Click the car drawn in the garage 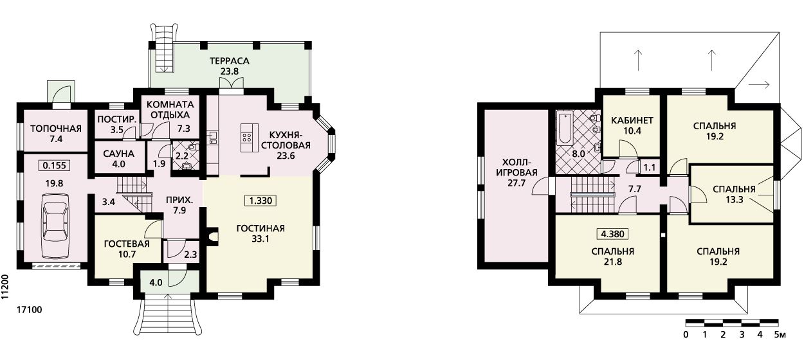pos(55,226)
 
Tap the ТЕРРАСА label pos(230,61)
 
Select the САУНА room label pos(119,154)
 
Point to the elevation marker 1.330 pos(260,201)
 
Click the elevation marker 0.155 pos(54,165)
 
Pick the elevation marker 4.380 pos(613,234)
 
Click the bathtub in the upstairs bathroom pos(565,129)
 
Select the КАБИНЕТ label pos(632,120)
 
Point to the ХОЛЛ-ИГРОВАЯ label pos(516,167)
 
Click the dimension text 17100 pos(30,310)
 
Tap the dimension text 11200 pos(5,287)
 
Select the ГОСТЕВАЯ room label pos(127,244)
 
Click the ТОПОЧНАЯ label pos(56,129)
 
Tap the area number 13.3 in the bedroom pos(735,200)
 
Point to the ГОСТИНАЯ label pos(260,228)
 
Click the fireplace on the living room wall pos(212,237)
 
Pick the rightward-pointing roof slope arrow pos(759,85)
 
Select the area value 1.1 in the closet pos(650,167)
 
